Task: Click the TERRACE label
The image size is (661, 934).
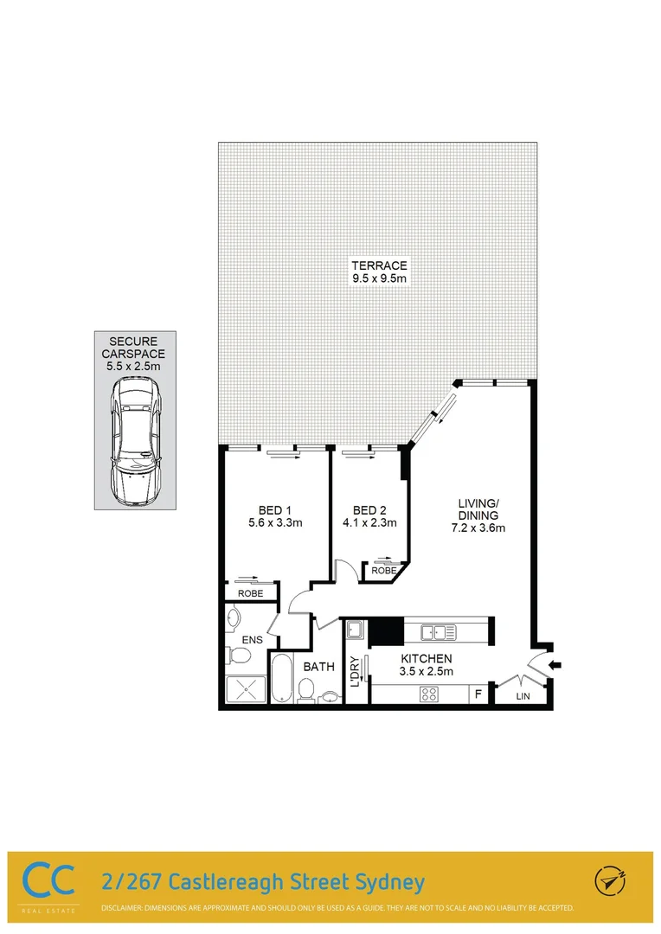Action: pos(378,265)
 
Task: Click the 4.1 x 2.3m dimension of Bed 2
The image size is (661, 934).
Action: pos(369,522)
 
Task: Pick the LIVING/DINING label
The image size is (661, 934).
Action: pos(481,509)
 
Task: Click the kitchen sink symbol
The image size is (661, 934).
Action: pos(439,633)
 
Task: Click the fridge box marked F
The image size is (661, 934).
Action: pos(477,694)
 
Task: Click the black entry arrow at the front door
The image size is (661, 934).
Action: pos(555,665)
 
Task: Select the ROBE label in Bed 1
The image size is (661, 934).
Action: pos(251,593)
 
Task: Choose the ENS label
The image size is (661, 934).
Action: pos(252,640)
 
